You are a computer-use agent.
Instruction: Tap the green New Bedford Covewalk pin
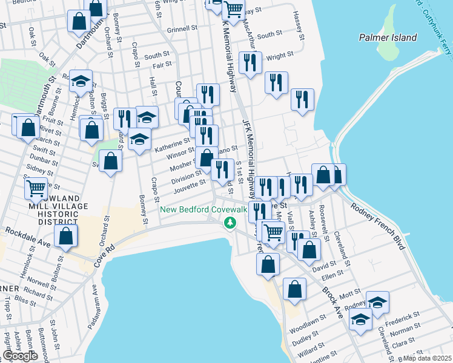230,224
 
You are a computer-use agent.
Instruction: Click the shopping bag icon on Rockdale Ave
66,236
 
